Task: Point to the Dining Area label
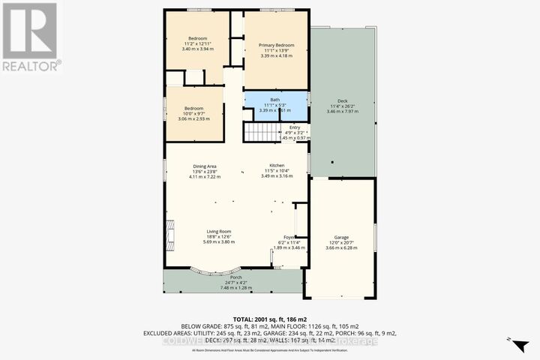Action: (205, 166)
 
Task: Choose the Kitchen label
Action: (277, 166)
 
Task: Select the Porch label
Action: (236, 277)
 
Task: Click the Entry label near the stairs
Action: (284, 127)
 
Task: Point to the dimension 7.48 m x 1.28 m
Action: (236, 287)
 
